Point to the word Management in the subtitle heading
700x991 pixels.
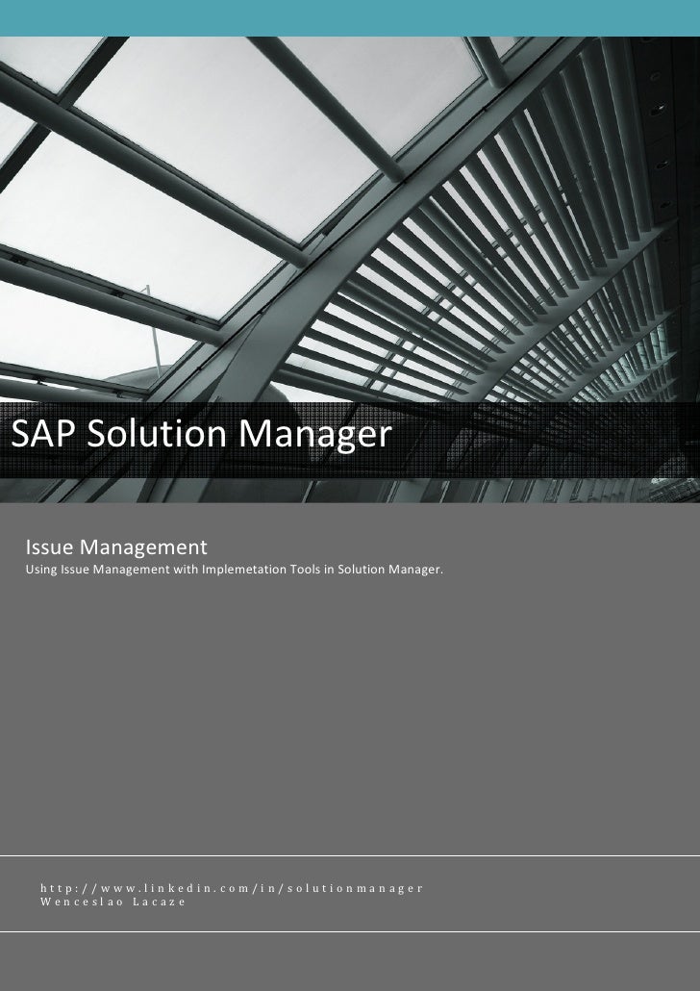[143, 550]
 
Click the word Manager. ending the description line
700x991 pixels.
[417, 574]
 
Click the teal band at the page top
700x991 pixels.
[350, 14]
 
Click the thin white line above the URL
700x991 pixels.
[350, 854]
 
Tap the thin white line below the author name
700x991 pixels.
[350, 931]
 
